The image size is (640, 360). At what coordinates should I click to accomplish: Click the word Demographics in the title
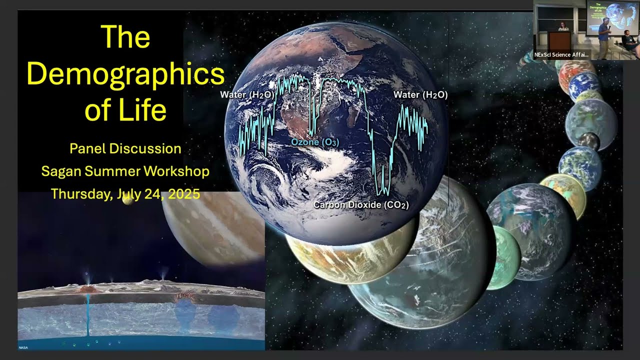(125, 74)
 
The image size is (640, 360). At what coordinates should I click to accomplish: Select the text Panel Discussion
(125, 148)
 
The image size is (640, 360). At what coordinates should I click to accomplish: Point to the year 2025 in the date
(183, 194)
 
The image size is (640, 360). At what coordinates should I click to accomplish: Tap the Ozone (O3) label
(314, 142)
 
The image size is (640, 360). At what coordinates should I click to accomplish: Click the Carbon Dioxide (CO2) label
(360, 205)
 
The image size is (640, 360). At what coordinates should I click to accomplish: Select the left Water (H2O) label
(246, 94)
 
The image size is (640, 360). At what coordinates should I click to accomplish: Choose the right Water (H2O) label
(420, 94)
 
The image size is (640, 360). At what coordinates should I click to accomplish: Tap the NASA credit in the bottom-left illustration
(23, 347)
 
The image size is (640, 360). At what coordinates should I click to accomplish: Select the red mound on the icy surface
(88, 289)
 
